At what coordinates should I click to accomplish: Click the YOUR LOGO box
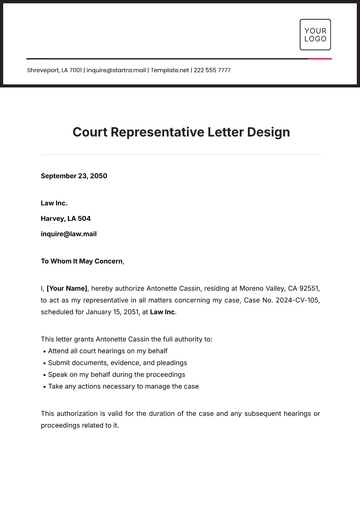click(315, 34)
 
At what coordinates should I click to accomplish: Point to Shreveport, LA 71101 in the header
click(55, 70)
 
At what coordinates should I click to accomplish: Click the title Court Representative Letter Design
click(180, 131)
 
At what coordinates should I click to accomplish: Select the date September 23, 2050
click(73, 176)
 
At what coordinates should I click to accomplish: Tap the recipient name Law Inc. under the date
click(55, 203)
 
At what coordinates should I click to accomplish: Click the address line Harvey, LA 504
click(65, 218)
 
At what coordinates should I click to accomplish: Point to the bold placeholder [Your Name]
click(69, 287)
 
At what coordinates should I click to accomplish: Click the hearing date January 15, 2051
click(116, 311)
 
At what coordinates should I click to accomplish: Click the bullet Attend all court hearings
click(105, 351)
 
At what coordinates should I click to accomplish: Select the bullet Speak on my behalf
click(115, 374)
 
